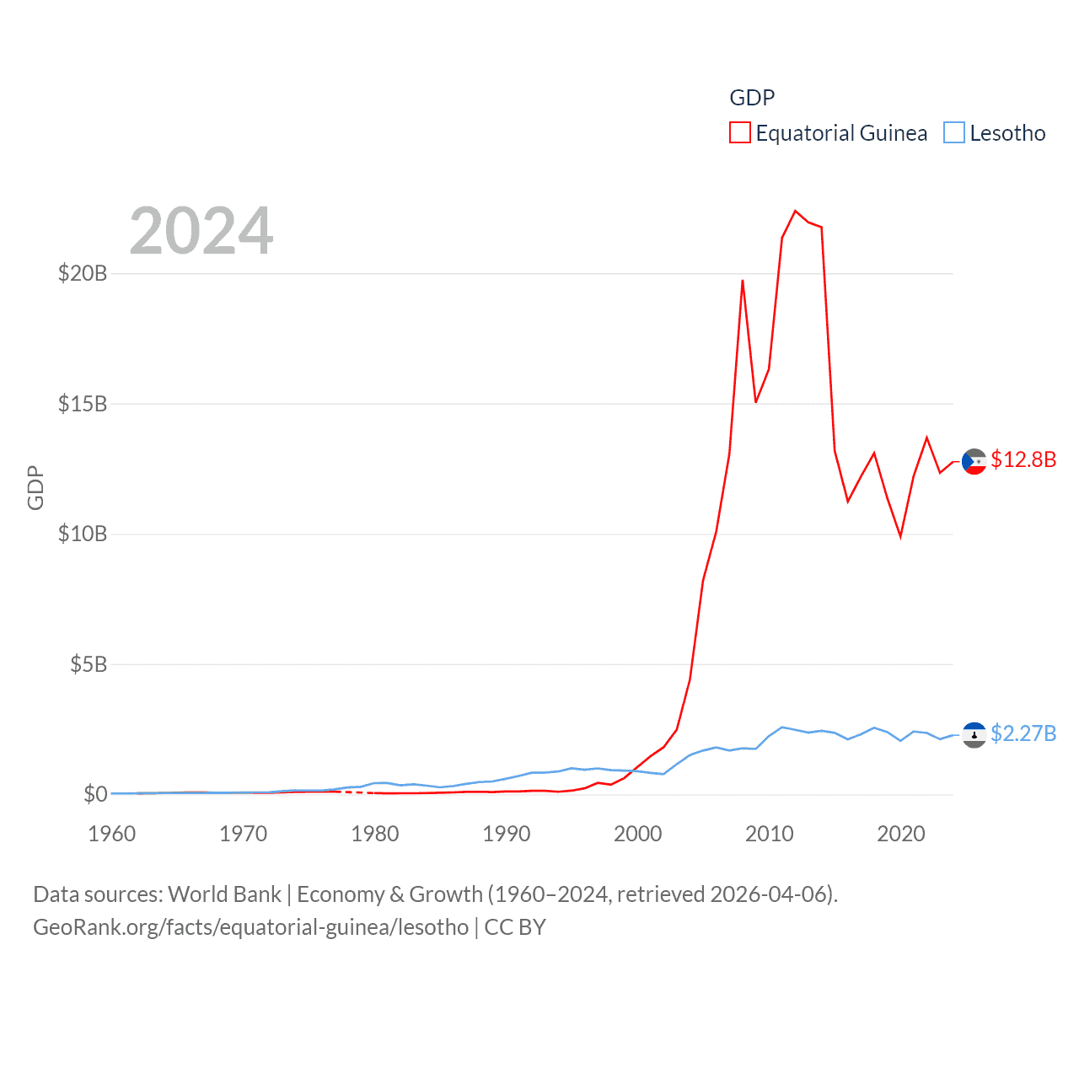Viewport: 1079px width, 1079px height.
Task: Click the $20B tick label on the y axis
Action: (x=83, y=273)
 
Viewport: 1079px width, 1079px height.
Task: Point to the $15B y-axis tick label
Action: (x=83, y=404)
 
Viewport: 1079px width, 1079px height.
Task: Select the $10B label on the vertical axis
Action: (x=83, y=534)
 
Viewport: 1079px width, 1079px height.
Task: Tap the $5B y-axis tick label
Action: (x=89, y=664)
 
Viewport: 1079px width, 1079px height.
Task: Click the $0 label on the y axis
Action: (x=95, y=794)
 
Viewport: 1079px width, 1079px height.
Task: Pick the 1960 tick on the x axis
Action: (x=112, y=834)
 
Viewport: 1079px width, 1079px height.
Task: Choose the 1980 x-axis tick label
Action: (x=375, y=834)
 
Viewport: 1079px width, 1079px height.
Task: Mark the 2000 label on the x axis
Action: (x=638, y=834)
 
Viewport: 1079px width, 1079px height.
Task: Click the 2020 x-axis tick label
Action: (x=901, y=834)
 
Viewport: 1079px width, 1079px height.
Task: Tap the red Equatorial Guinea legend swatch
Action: (x=740, y=133)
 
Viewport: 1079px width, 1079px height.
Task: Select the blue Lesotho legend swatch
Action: (x=954, y=133)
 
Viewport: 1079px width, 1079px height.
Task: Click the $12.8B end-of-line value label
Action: (x=1023, y=459)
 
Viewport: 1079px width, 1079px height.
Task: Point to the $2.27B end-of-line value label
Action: (x=1023, y=733)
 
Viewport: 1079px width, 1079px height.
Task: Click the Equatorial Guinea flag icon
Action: (x=974, y=461)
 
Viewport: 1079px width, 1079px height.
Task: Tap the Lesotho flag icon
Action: (x=974, y=735)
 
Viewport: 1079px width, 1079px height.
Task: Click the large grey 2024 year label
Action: (x=201, y=231)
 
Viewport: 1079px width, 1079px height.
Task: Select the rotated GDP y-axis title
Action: (x=35, y=487)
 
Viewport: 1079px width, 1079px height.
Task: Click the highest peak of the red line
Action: (x=795, y=211)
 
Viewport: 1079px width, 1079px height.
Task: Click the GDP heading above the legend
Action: (x=752, y=98)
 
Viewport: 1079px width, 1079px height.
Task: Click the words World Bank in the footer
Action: (x=224, y=894)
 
